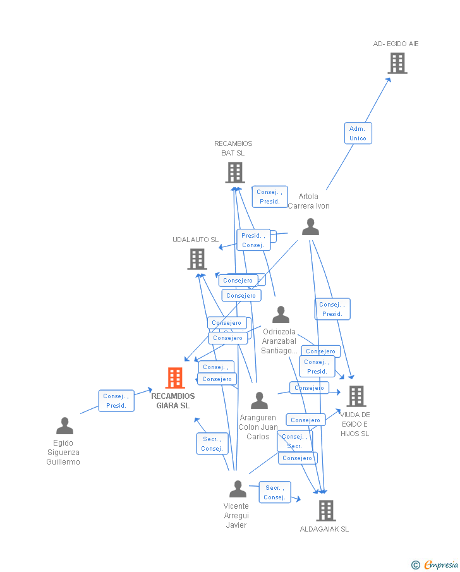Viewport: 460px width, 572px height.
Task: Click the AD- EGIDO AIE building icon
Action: coord(397,63)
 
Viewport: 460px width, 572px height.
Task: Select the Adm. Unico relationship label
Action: coord(358,133)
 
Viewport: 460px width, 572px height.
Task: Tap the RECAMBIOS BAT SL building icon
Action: coord(234,173)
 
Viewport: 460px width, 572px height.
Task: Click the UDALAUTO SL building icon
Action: coord(197,259)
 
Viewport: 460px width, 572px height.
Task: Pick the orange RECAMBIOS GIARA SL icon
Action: coord(175,378)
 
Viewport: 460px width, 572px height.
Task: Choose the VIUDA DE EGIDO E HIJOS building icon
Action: coord(356,396)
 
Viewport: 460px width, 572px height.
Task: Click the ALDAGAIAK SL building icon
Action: coord(325,510)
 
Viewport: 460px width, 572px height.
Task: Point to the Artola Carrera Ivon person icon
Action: coord(310,227)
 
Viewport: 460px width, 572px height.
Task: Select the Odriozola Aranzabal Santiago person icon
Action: coord(281,315)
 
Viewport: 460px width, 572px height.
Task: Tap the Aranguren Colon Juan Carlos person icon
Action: coord(259,401)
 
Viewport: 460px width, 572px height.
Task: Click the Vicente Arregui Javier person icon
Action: coord(238,489)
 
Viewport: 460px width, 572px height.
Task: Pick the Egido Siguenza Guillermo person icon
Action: coord(64,426)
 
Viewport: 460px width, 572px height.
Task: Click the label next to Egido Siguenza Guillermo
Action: coord(116,401)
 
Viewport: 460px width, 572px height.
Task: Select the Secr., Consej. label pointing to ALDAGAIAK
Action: coord(275,492)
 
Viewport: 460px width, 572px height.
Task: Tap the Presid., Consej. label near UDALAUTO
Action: coord(253,240)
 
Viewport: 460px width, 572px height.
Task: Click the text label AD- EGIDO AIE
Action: coord(396,44)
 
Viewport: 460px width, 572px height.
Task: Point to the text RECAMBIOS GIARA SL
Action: coord(173,401)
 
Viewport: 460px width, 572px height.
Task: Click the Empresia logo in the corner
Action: coord(441,564)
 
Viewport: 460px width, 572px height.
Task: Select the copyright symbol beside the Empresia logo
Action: coord(416,565)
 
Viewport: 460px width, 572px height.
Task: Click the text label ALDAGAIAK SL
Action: coord(324,529)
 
